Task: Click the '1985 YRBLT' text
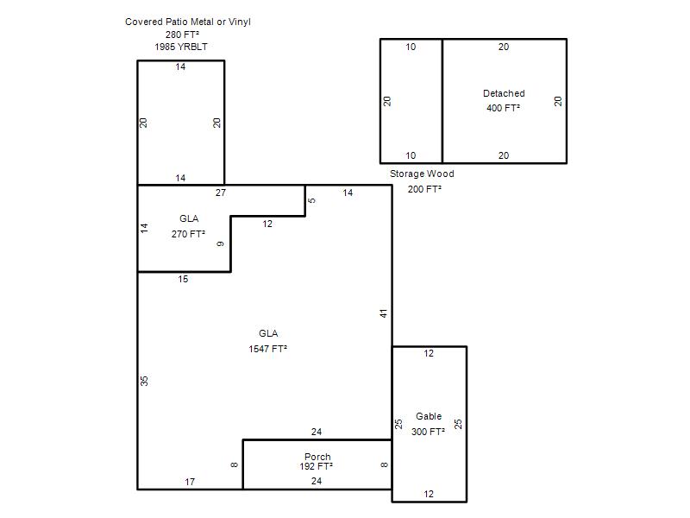(181, 47)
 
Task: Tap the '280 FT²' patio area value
(182, 35)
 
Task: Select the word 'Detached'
(504, 93)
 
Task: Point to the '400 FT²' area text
(504, 108)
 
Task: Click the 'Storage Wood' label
(422, 174)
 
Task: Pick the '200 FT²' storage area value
(424, 189)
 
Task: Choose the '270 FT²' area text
(188, 234)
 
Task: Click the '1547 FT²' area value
(268, 349)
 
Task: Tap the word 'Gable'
(429, 416)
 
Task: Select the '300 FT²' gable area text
(428, 432)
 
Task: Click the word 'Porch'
(317, 457)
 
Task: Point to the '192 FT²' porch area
(317, 466)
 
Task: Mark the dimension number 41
(384, 313)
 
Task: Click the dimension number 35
(144, 381)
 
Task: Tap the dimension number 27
(221, 193)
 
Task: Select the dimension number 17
(190, 482)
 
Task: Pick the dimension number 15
(183, 279)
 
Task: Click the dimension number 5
(312, 200)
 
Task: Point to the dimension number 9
(221, 244)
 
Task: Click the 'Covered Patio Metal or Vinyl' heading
(188, 22)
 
